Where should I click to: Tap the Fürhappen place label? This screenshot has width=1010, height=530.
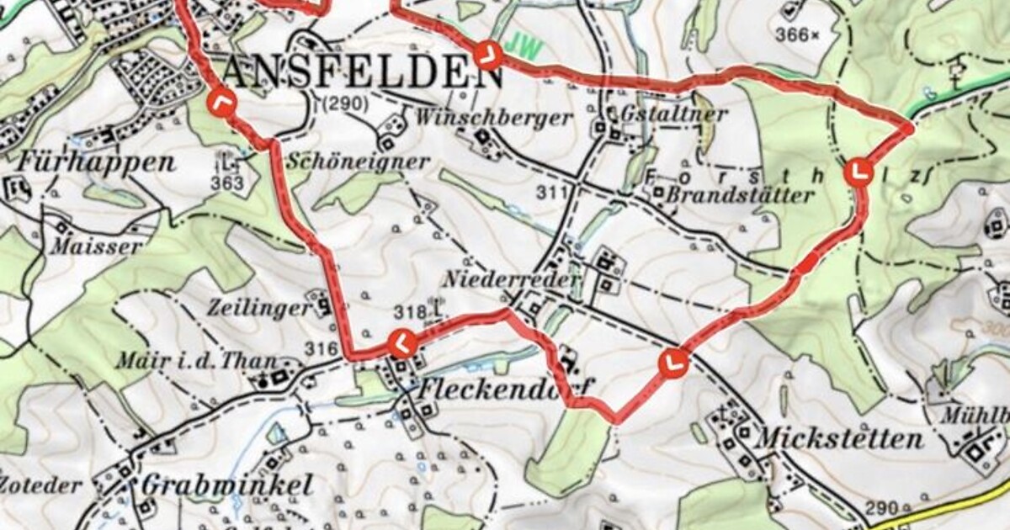[95, 162]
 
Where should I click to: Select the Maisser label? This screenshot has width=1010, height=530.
[95, 246]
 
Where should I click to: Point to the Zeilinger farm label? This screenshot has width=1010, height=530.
[250, 308]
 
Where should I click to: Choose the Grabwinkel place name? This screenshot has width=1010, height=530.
[227, 485]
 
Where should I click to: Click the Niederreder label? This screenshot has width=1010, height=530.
[512, 278]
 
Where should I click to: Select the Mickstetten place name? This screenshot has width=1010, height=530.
[839, 438]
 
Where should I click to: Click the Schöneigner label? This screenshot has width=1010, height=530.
[358, 162]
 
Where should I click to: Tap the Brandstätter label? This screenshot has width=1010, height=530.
[740, 195]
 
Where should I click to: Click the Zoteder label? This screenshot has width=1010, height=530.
[42, 485]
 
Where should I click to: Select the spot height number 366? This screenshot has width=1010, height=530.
[793, 34]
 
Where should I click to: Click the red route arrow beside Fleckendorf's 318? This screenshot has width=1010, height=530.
[402, 343]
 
